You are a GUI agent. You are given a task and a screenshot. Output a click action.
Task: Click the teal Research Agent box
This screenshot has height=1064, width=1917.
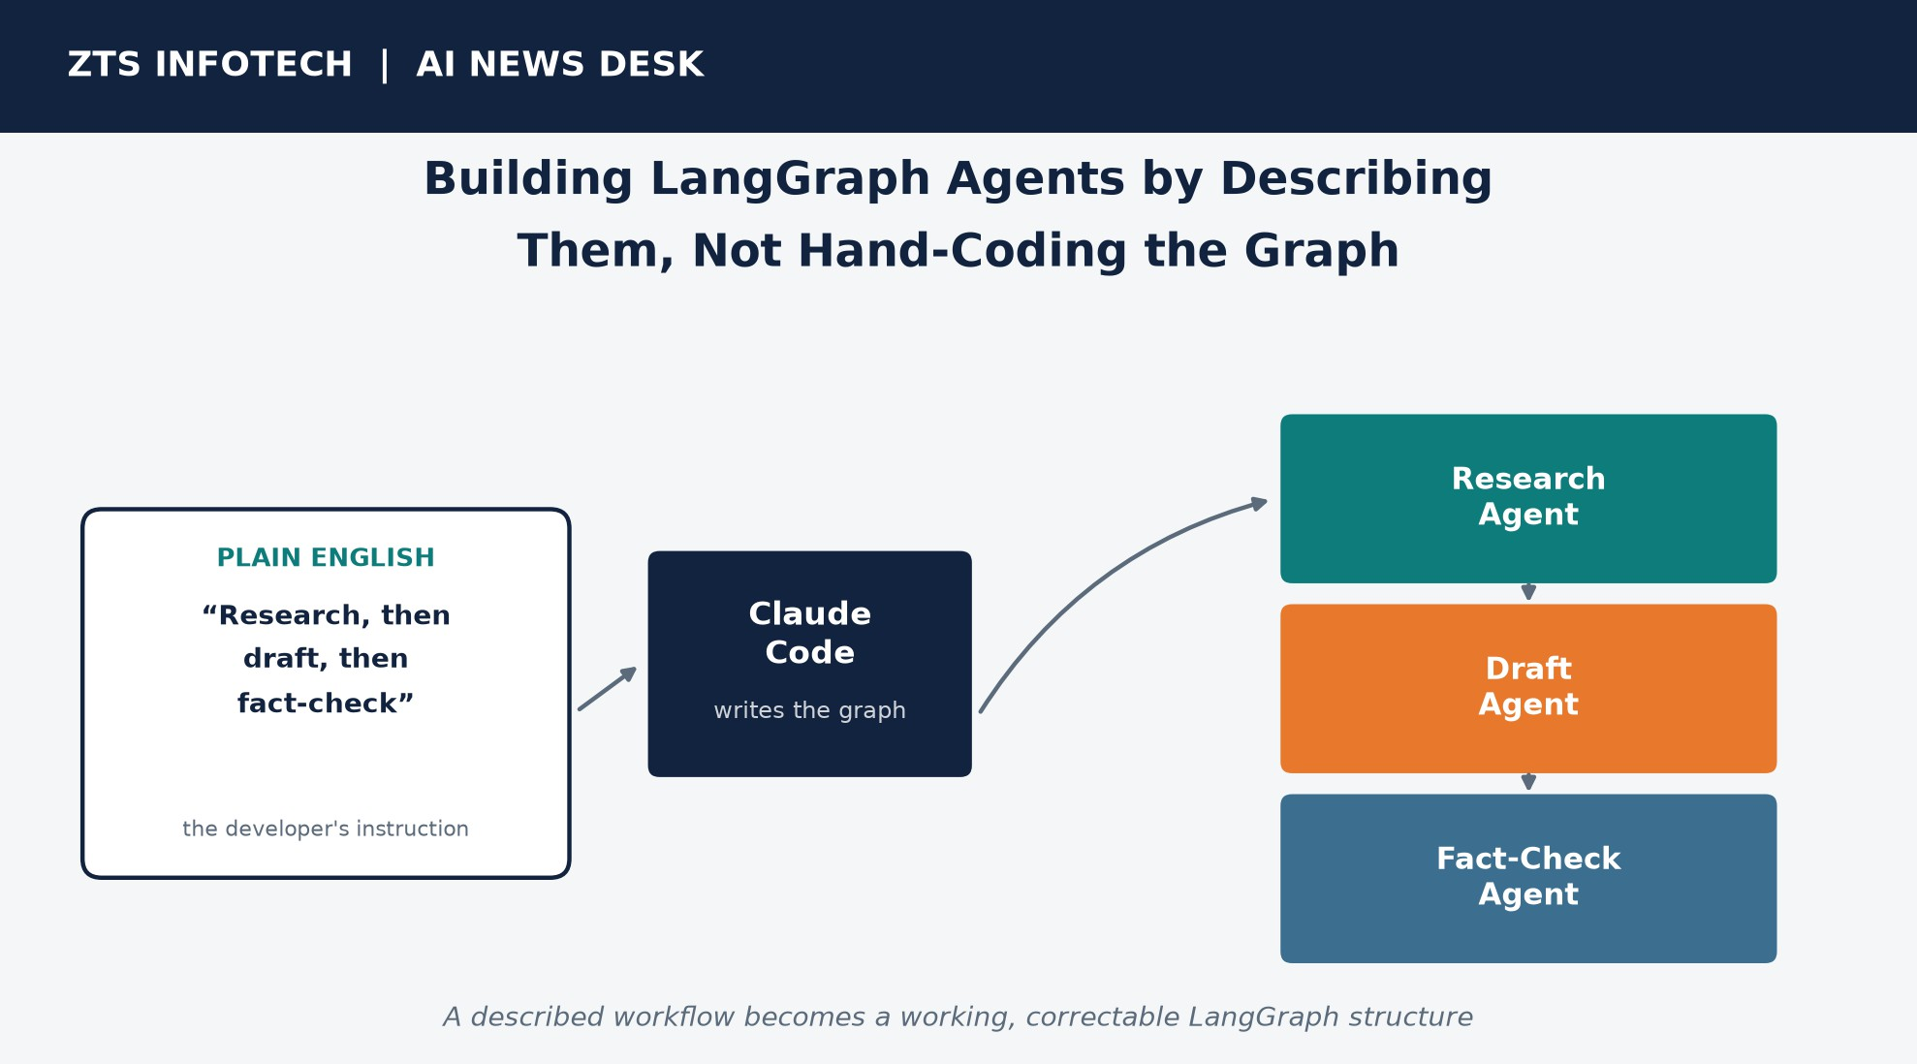click(1528, 499)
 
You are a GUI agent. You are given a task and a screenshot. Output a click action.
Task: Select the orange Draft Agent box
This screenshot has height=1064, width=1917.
click(1528, 689)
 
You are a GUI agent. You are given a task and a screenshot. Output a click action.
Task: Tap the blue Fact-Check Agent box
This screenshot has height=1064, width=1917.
click(1528, 879)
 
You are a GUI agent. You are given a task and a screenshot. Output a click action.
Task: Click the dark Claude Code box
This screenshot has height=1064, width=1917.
click(810, 664)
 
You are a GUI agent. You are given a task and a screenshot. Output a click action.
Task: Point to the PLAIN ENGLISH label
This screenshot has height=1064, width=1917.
click(326, 558)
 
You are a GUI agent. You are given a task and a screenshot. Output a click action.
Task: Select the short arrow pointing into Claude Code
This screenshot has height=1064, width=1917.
click(608, 689)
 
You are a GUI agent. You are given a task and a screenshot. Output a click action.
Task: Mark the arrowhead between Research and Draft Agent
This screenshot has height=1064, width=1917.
click(1528, 592)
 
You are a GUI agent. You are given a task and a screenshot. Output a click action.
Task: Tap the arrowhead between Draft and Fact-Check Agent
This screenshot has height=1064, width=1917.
click(1528, 782)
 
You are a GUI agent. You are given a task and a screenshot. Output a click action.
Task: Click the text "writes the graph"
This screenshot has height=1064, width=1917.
click(810, 710)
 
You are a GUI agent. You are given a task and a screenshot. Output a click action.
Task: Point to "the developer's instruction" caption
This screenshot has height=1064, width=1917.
click(326, 829)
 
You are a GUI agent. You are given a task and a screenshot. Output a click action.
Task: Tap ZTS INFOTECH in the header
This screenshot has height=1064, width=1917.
click(210, 65)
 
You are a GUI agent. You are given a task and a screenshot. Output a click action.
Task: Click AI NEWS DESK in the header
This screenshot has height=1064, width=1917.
click(560, 65)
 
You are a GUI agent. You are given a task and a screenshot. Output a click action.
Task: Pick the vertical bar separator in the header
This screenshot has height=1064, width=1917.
click(385, 66)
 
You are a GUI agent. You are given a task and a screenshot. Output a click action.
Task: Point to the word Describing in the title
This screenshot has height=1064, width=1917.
click(1356, 180)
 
